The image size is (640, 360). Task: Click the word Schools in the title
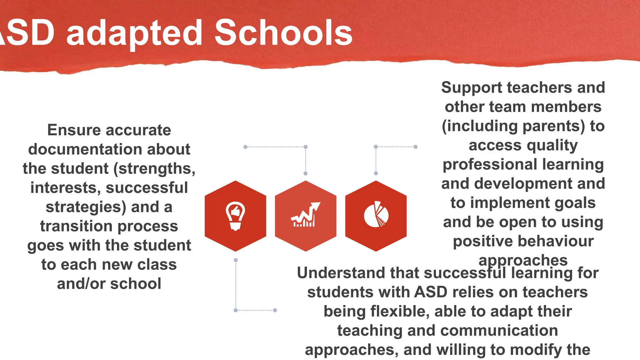(283, 32)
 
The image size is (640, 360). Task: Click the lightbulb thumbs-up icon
(235, 216)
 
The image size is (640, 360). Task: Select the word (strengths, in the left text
(154, 169)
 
